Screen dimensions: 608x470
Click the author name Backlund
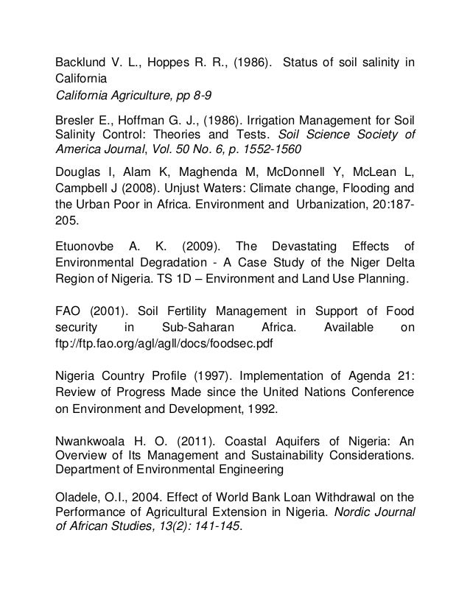tap(83, 60)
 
